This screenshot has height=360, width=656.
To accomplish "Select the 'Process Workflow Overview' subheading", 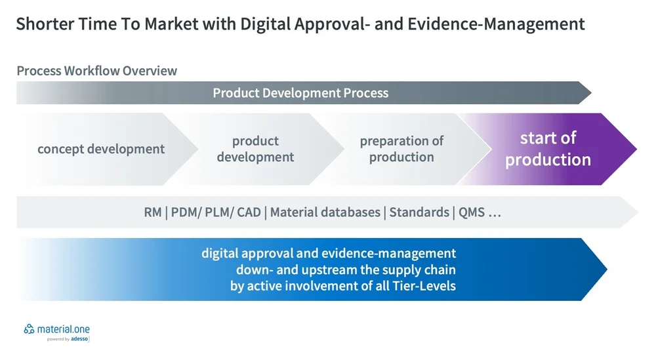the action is click(x=96, y=71).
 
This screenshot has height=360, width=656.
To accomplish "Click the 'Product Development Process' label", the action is click(x=300, y=93).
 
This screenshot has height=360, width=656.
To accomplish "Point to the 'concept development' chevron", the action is click(x=101, y=149).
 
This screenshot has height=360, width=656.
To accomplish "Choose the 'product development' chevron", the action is click(x=255, y=149).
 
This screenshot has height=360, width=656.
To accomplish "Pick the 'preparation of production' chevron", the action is click(x=401, y=149).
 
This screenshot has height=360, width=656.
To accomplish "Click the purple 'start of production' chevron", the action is click(x=548, y=149).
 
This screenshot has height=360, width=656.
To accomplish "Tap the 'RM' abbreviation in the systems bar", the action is click(x=152, y=212).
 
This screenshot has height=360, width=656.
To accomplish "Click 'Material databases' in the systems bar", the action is click(x=325, y=212).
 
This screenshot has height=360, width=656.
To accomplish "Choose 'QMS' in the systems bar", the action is click(x=472, y=212).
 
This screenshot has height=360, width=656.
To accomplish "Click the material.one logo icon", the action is click(x=30, y=329).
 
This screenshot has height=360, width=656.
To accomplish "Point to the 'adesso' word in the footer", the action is click(x=80, y=339).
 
